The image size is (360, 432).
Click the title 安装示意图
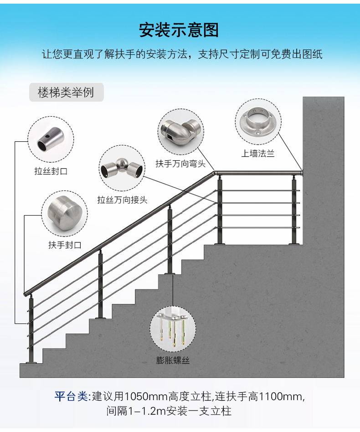[179, 30]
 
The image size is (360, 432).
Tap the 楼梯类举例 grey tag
[66, 92]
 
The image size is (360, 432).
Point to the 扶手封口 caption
[65, 245]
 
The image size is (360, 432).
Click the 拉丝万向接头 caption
[122, 200]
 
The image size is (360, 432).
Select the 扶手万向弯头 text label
[181, 164]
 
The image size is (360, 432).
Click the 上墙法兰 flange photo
[258, 122]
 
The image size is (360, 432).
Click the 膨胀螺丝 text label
[173, 360]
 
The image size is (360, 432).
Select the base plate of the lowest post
[31, 363]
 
